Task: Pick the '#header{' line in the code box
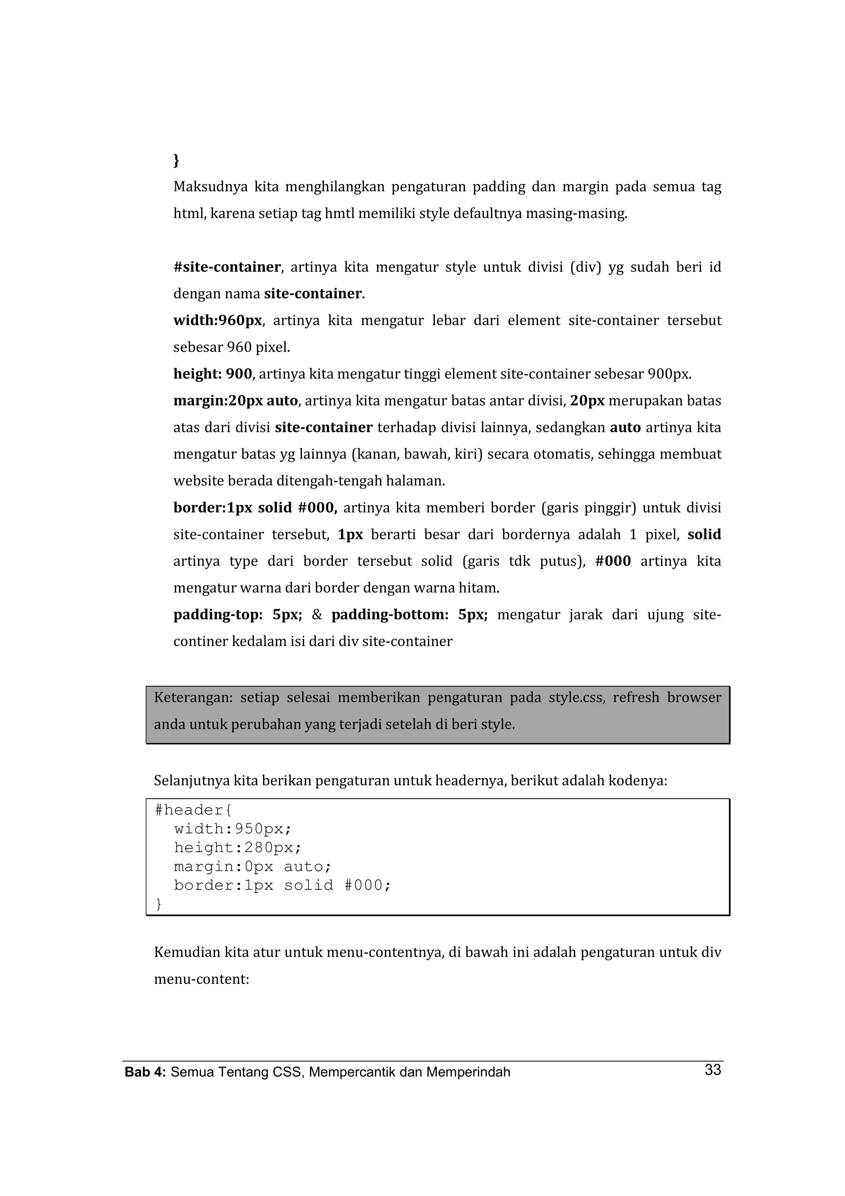[x=193, y=810]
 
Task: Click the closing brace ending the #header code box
[x=159, y=904]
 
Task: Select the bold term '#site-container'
[x=227, y=267]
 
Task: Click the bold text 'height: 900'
[x=212, y=374]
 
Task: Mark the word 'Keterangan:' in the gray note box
[x=193, y=697]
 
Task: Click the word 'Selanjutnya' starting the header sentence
[x=191, y=781]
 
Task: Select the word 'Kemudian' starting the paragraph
[x=187, y=953]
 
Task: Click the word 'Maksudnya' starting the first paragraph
[x=210, y=187]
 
